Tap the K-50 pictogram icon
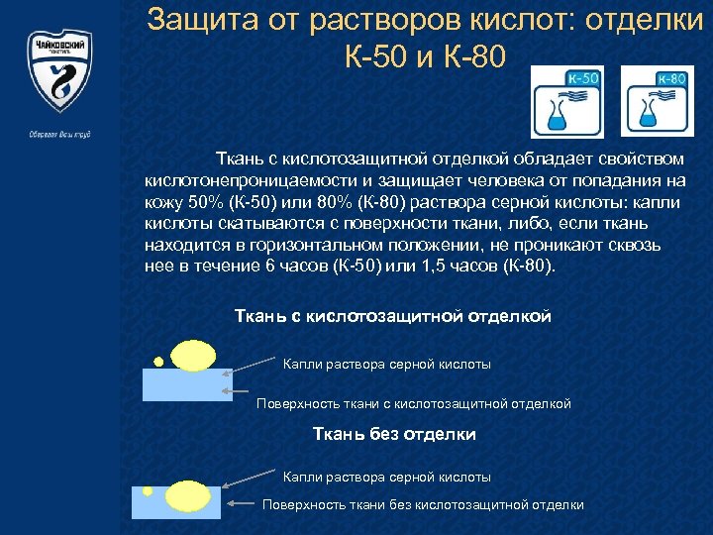tap(567, 102)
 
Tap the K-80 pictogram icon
tap(657, 102)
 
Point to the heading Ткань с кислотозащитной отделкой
tap(392, 316)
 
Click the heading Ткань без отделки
tap(394, 434)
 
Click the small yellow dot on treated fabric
tap(156, 361)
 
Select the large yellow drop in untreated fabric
tap(185, 494)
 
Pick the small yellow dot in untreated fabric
tap(148, 489)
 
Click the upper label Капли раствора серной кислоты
tap(386, 365)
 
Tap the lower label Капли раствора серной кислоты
tap(386, 477)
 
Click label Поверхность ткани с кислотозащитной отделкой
tap(414, 403)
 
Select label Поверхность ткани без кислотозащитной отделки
tap(423, 504)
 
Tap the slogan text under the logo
tap(60, 135)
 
